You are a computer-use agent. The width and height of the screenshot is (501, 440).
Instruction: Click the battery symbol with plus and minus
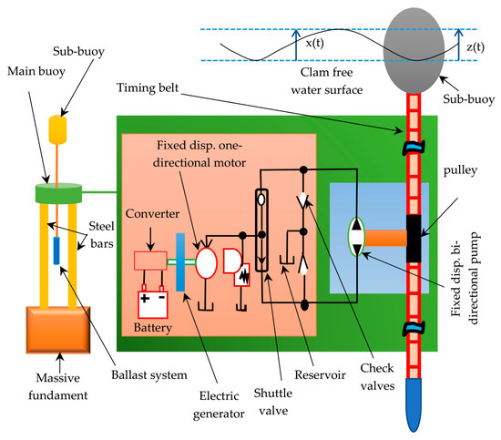click(x=153, y=302)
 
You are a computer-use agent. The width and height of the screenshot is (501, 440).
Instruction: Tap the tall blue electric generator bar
click(x=180, y=261)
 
